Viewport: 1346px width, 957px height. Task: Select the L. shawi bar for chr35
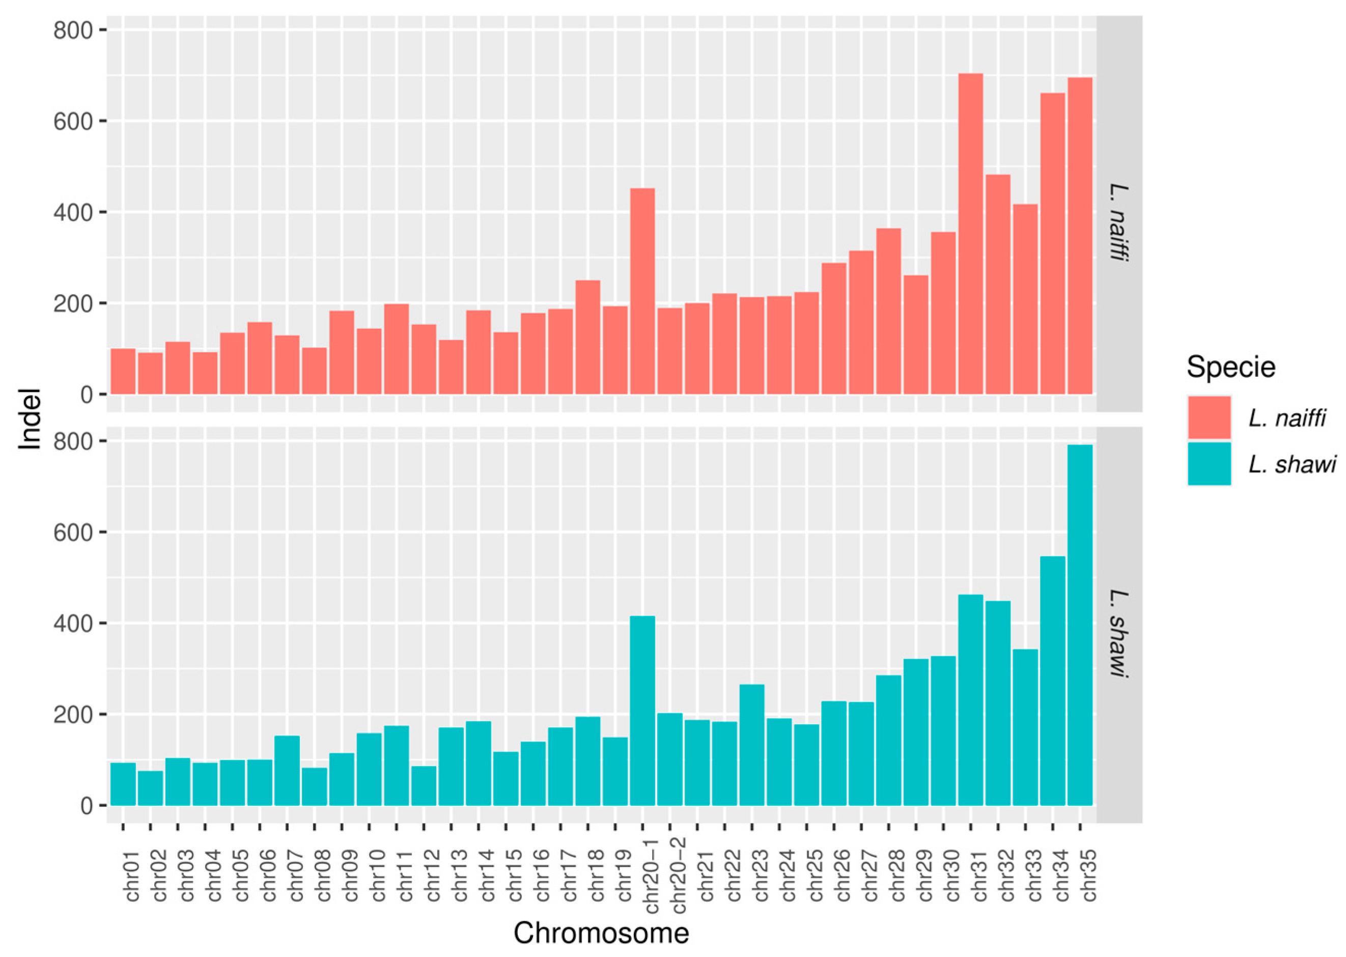pyautogui.click(x=1079, y=625)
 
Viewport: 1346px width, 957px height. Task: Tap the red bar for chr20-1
pyautogui.click(x=642, y=291)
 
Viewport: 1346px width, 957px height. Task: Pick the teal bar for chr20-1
pyautogui.click(x=642, y=711)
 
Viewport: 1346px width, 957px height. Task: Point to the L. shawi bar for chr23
pyautogui.click(x=751, y=745)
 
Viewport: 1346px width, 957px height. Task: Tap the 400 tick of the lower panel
pyautogui.click(x=73, y=624)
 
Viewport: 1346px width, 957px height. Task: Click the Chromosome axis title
pyautogui.click(x=601, y=934)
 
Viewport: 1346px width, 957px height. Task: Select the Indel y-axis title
pyautogui.click(x=30, y=418)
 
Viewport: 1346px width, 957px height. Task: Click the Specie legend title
pyautogui.click(x=1230, y=367)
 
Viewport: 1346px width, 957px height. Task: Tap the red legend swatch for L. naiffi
pyautogui.click(x=1209, y=417)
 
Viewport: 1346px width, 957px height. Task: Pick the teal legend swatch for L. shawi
pyautogui.click(x=1209, y=463)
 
